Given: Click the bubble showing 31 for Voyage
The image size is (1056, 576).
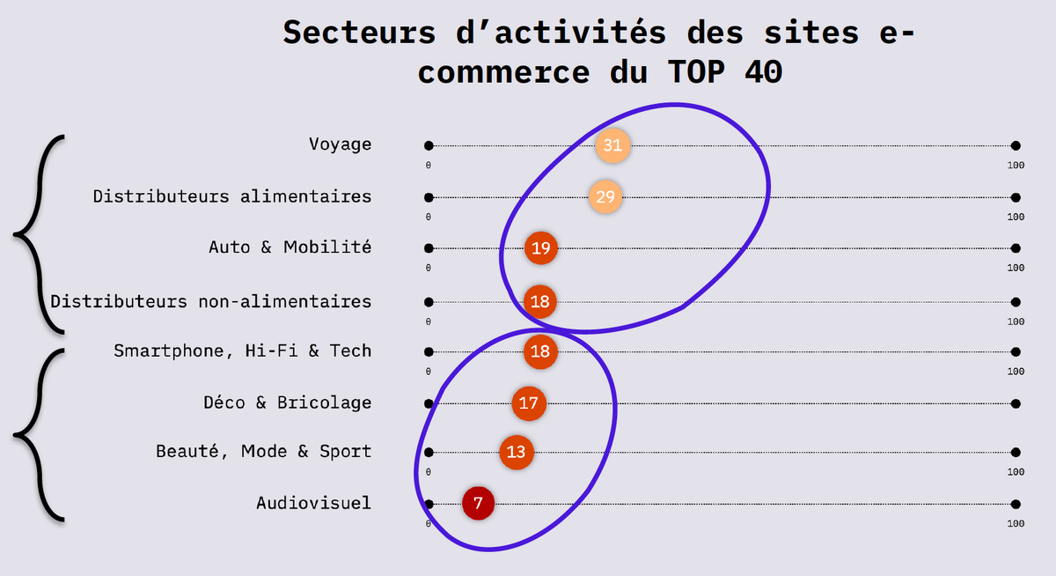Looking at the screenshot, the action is pyautogui.click(x=612, y=145).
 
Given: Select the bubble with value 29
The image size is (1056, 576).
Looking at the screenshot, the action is pyautogui.click(x=605, y=196).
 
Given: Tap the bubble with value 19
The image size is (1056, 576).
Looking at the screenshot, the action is pyautogui.click(x=540, y=247).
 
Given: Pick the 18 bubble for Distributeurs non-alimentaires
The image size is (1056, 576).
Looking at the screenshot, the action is pyautogui.click(x=539, y=301).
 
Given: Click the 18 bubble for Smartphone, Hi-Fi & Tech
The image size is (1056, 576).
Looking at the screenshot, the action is pyautogui.click(x=540, y=351).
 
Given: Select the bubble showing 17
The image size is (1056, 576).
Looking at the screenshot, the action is pyautogui.click(x=529, y=403).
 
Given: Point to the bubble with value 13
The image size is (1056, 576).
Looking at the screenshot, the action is pyautogui.click(x=517, y=452).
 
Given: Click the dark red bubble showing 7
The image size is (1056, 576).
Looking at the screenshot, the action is pyautogui.click(x=478, y=504).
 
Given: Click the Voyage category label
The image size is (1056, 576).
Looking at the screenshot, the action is pyautogui.click(x=340, y=144).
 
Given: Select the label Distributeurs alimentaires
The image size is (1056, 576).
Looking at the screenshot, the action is pyautogui.click(x=232, y=196).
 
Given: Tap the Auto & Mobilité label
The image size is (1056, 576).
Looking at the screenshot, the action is pyautogui.click(x=290, y=247).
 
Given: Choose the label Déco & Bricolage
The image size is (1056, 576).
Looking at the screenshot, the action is pyautogui.click(x=287, y=402).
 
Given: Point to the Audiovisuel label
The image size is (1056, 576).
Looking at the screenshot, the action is pyautogui.click(x=313, y=503).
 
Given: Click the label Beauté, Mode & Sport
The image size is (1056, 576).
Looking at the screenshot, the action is pyautogui.click(x=263, y=452).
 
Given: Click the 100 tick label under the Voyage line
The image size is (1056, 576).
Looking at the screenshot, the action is pyautogui.click(x=1016, y=165).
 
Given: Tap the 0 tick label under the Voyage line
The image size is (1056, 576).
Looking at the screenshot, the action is pyautogui.click(x=428, y=165).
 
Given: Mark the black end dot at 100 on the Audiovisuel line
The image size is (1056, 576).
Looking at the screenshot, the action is pyautogui.click(x=1016, y=505).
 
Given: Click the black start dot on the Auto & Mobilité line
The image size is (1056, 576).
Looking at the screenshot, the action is pyautogui.click(x=429, y=248).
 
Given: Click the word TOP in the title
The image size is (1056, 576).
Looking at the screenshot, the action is pyautogui.click(x=696, y=72).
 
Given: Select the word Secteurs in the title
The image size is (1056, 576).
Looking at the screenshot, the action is pyautogui.click(x=359, y=33).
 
